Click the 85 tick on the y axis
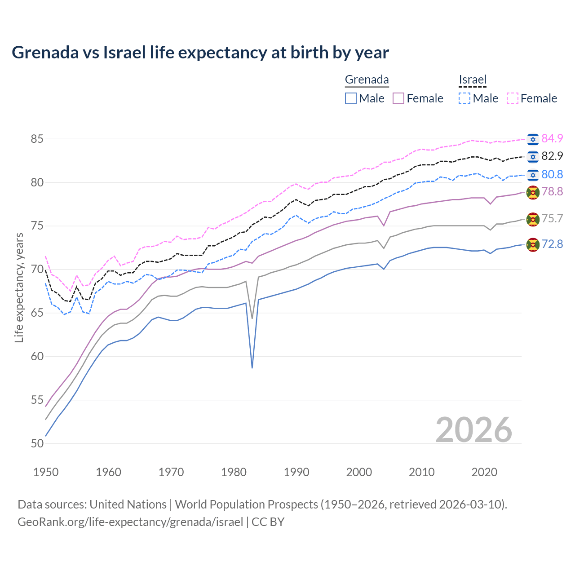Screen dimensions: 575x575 tap(37, 139)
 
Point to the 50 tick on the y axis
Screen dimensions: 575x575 tap(37, 443)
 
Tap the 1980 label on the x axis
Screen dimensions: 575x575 tap(234, 472)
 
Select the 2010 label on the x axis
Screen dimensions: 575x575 tap(421, 472)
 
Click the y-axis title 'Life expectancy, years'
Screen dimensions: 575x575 tap(19, 287)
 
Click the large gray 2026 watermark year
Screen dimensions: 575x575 tap(473, 430)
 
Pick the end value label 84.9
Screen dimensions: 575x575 tap(552, 138)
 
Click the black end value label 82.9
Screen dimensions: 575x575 tap(552, 156)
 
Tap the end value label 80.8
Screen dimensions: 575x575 tap(552, 174)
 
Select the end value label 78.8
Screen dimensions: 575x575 tap(552, 192)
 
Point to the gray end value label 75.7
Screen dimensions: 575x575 tap(552, 218)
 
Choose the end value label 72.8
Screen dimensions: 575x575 tap(552, 244)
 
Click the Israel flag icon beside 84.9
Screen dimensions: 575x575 tap(533, 139)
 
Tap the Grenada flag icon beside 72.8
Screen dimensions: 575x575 tap(533, 245)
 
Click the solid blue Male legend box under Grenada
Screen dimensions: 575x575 tap(351, 98)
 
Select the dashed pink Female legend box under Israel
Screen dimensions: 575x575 tap(513, 98)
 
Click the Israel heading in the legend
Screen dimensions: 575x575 tap(473, 80)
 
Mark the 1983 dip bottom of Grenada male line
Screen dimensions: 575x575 tap(252, 367)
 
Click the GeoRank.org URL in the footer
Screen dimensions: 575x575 tap(130, 522)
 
